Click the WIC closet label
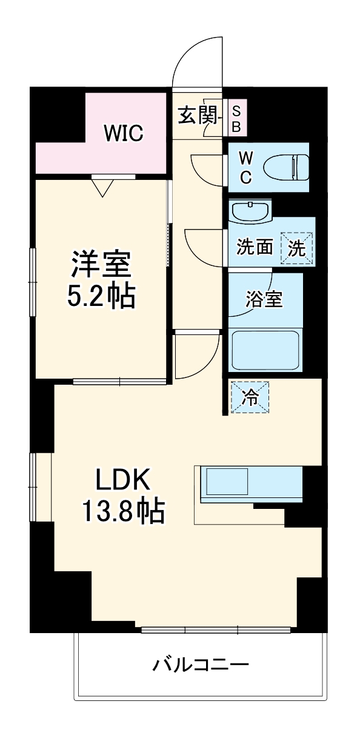point(122,133)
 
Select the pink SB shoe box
point(236,118)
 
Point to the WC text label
point(245,167)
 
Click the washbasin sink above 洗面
point(250,211)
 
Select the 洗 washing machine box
point(297,247)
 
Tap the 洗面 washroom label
point(255,247)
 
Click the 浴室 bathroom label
point(264,299)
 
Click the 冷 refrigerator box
point(249,397)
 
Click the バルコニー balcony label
point(200,665)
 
